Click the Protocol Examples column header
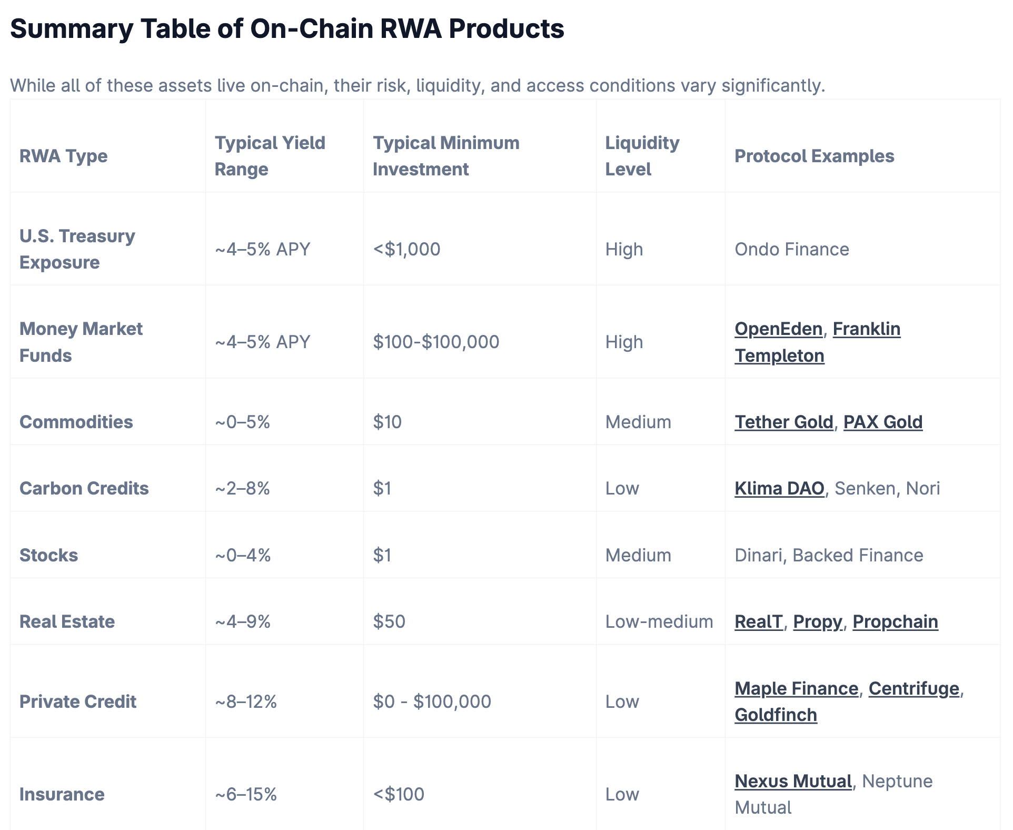[814, 156]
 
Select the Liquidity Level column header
[642, 156]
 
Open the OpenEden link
[778, 329]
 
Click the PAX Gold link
[882, 422]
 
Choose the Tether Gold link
[783, 422]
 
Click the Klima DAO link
[779, 488]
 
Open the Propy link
[817, 621]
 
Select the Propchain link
[895, 621]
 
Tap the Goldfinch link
[776, 715]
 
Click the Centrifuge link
[913, 688]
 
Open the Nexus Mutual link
[793, 781]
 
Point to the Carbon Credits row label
[84, 488]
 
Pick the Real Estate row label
[67, 621]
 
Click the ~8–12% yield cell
[246, 701]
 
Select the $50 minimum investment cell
[389, 621]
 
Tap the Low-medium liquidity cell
[659, 621]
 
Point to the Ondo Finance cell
[791, 249]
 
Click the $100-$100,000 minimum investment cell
[436, 342]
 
